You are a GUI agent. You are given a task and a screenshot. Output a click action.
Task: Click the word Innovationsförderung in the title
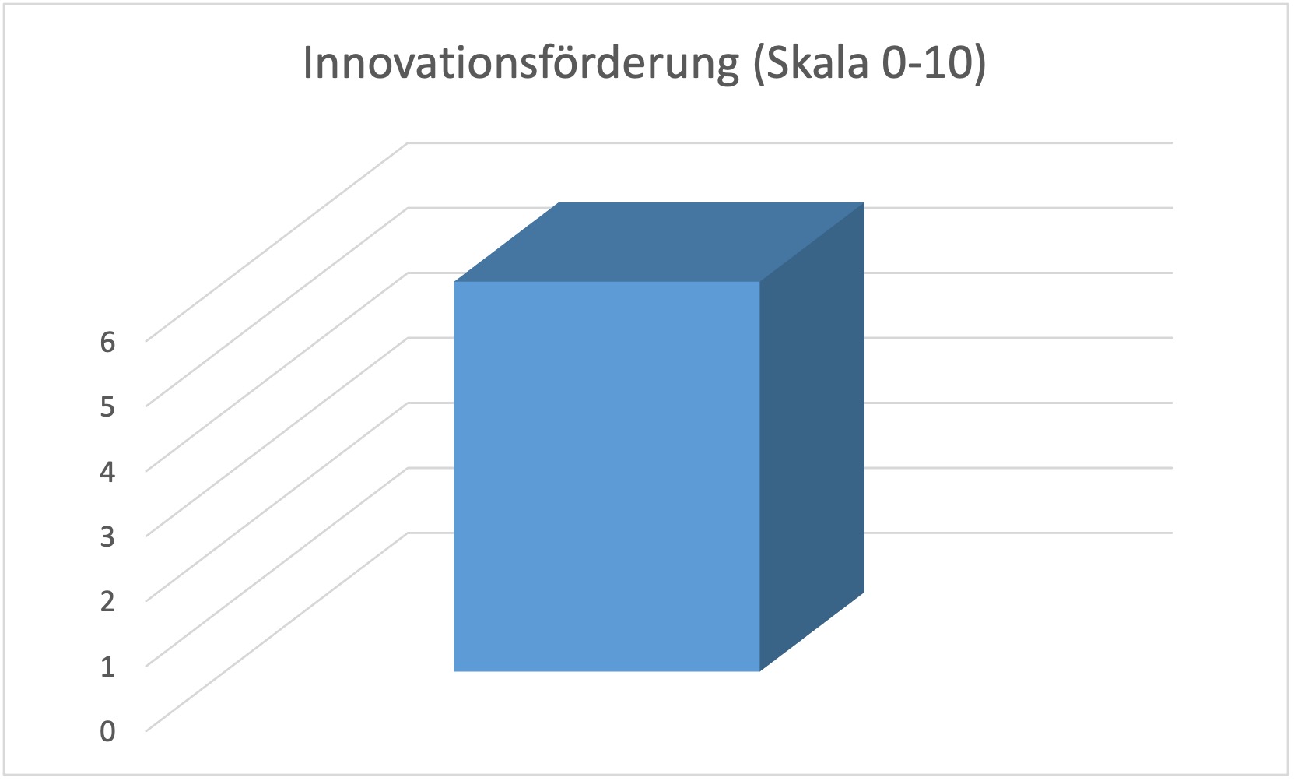521,64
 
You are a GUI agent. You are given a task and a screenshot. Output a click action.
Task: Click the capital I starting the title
307,62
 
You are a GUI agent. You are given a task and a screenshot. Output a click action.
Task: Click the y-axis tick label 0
107,731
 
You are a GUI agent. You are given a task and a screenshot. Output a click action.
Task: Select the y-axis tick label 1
107,667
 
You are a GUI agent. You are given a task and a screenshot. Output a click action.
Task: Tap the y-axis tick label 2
107,601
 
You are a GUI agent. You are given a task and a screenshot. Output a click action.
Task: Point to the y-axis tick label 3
107,536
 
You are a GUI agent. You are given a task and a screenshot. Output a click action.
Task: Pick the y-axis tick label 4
107,471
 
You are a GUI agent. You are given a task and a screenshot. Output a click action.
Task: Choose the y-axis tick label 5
107,406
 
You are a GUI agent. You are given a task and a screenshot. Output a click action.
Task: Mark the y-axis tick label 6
107,341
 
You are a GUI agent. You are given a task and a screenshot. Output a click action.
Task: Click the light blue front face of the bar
607,477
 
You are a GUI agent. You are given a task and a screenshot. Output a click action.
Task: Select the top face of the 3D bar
659,241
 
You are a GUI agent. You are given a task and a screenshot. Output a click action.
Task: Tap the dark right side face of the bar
812,437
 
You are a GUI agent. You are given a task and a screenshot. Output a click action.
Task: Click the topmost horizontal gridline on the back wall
791,142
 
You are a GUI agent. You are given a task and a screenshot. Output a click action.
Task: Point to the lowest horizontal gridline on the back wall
1018,533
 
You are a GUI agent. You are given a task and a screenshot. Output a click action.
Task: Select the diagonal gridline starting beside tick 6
277,241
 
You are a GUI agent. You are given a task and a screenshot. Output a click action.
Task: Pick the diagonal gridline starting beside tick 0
277,631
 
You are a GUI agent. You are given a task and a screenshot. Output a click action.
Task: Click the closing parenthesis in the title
980,64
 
